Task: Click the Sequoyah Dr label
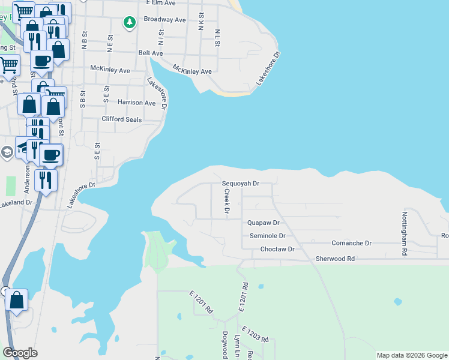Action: pos(240,184)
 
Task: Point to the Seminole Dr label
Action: pos(267,236)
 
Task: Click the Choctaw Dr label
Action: pos(277,249)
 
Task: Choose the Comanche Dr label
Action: pos(352,243)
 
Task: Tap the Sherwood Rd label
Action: pos(336,259)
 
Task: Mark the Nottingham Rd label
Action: pos(405,233)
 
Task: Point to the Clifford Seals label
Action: pos(122,119)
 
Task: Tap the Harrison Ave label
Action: pos(136,103)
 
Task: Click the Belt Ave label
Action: pos(150,53)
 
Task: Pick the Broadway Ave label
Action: pos(164,19)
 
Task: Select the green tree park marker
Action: pos(129,23)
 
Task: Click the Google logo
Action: pos(20,353)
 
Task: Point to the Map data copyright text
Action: pos(412,355)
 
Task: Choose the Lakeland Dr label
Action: pos(16,203)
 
